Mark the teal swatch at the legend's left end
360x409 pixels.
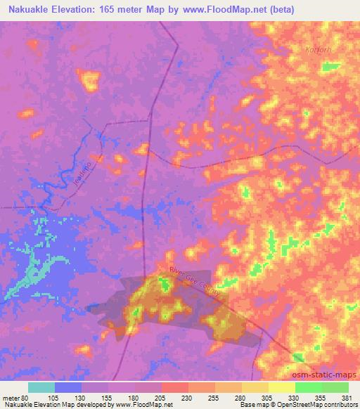41,387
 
